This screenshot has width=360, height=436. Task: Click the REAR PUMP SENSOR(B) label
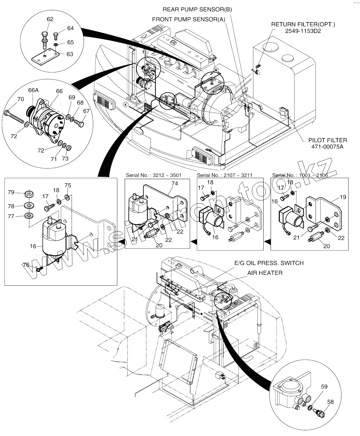coord(197,10)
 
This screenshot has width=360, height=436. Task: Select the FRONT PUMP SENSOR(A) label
coord(189,20)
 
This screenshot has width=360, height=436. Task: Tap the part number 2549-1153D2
coord(303,31)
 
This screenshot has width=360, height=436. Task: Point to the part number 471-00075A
coord(327,147)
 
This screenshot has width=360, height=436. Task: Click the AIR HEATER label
coord(265,273)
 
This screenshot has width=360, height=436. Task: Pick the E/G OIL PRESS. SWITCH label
coord(269,263)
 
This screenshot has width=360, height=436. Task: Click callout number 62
coord(50,19)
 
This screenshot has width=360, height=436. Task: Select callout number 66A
coord(33,90)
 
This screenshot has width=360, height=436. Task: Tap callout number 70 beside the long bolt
coord(21,99)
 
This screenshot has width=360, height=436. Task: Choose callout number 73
coord(65,159)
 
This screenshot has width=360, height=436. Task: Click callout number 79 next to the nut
coord(11,192)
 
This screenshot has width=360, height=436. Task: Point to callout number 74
coord(175,184)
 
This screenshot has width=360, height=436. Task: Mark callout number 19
coord(343,197)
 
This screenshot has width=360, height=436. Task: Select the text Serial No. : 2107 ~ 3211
coord(225,175)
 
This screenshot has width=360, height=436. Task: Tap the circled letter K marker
coord(126,105)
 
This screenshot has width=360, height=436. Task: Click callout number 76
coord(26,265)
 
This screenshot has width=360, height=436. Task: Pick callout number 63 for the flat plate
coord(70,54)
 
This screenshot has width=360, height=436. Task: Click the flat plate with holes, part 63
coord(45,57)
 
